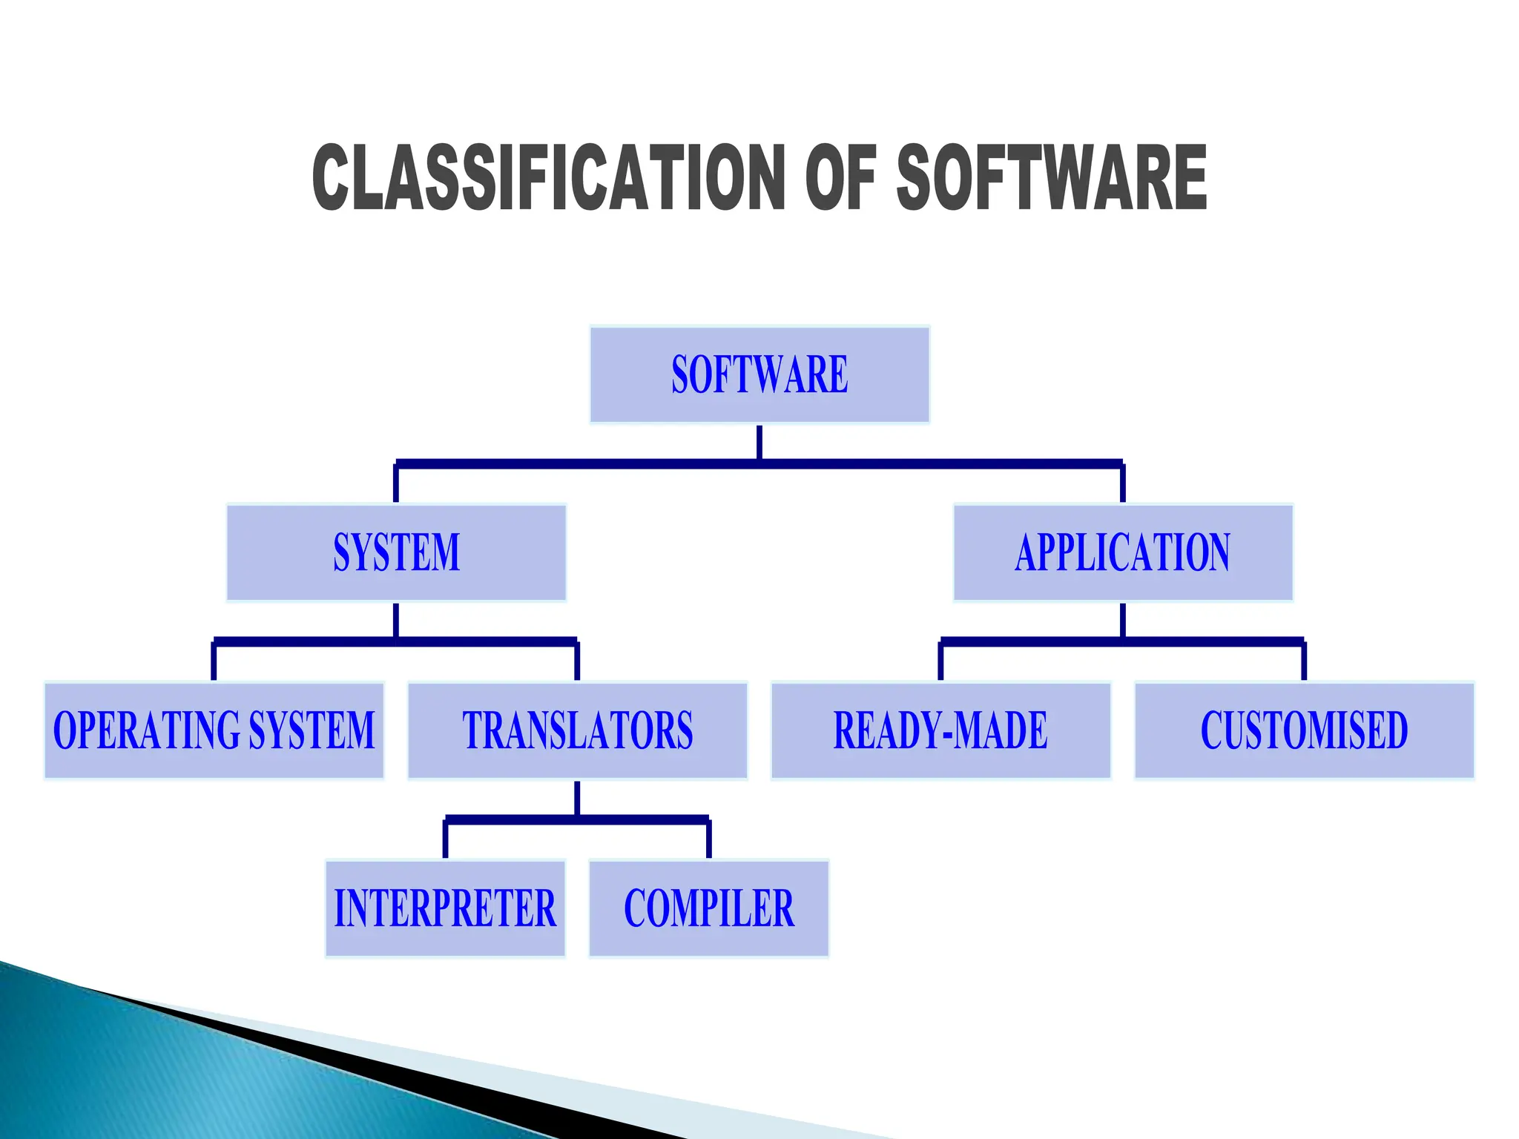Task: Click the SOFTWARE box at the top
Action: click(759, 374)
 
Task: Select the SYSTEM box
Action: click(396, 552)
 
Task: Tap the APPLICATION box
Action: click(1123, 552)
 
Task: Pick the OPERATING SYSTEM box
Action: click(214, 730)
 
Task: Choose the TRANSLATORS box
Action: click(578, 730)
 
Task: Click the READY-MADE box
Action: click(941, 730)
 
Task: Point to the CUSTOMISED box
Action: click(1305, 730)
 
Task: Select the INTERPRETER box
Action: click(445, 908)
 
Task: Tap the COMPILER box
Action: click(709, 908)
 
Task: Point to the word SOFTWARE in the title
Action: click(1052, 178)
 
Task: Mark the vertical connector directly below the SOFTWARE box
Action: click(759, 442)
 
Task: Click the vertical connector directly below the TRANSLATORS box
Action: click(577, 798)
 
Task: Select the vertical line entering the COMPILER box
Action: click(709, 839)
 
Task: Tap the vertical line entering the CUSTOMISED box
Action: click(1304, 661)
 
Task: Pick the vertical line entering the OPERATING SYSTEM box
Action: click(214, 661)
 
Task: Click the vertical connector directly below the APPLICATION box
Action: click(1123, 620)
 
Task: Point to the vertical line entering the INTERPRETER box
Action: click(445, 839)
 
